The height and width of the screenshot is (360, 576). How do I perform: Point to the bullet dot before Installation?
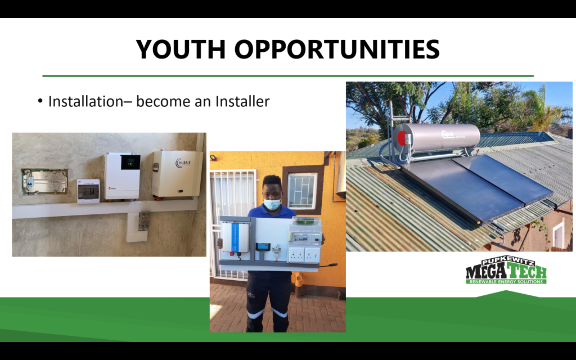coord(40,101)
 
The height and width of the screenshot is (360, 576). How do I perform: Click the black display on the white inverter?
coord(130,163)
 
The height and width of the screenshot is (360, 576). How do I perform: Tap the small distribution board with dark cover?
coord(88,191)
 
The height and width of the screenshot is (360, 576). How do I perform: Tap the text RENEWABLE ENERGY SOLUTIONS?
coord(506,281)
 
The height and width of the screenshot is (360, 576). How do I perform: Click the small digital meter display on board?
coord(262,246)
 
